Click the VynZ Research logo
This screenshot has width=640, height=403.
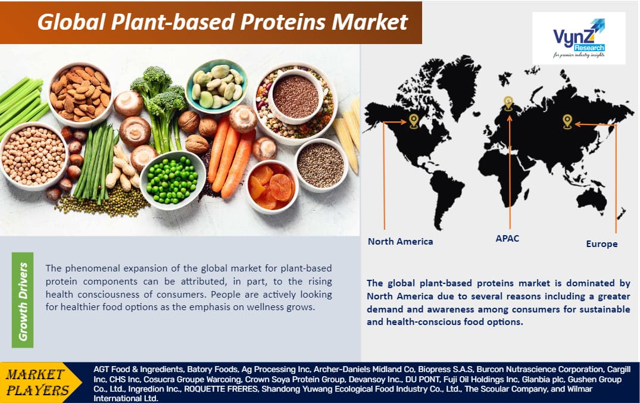(x=579, y=38)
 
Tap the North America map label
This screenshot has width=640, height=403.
(x=401, y=241)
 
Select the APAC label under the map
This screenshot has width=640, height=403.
(x=507, y=239)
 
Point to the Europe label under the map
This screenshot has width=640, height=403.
(x=602, y=243)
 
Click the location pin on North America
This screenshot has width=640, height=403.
(x=414, y=121)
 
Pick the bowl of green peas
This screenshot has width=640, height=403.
(x=173, y=180)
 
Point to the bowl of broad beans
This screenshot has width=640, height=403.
(x=217, y=86)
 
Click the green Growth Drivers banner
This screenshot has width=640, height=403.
(x=23, y=300)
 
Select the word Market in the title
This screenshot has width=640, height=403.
(x=370, y=21)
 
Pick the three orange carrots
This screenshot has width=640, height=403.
(x=230, y=155)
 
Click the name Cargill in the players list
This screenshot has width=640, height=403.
(x=619, y=370)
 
